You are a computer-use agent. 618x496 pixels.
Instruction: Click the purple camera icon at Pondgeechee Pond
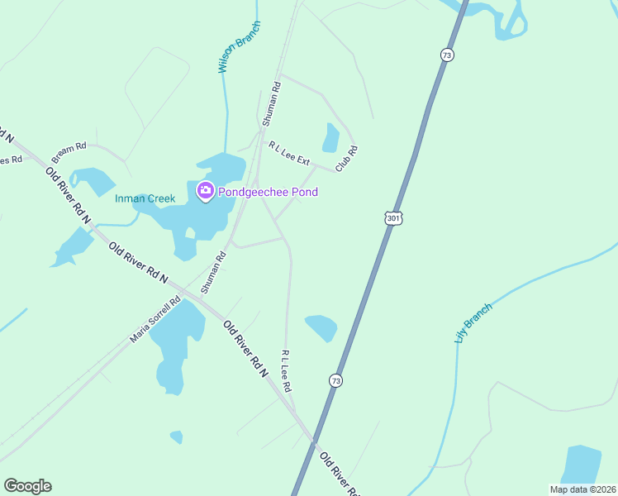pyautogui.click(x=205, y=192)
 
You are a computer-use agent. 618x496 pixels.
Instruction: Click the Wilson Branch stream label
pyautogui.click(x=239, y=46)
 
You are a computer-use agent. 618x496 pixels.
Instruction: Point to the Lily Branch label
pyautogui.click(x=473, y=323)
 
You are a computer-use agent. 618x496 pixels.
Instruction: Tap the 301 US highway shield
pyautogui.click(x=392, y=217)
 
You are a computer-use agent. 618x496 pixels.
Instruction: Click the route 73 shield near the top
pyautogui.click(x=446, y=55)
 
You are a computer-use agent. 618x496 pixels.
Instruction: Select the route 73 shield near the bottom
pyautogui.click(x=335, y=380)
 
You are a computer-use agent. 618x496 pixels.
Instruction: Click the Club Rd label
pyautogui.click(x=346, y=159)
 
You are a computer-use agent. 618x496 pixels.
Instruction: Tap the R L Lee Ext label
pyautogui.click(x=288, y=153)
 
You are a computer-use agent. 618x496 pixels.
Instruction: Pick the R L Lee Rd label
pyautogui.click(x=286, y=370)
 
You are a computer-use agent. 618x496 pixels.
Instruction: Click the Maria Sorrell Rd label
pyautogui.click(x=154, y=321)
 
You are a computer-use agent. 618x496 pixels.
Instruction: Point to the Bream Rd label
pyautogui.click(x=69, y=153)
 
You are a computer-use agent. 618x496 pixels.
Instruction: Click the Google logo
pyautogui.click(x=27, y=486)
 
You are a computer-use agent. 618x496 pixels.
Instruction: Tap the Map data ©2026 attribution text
pyautogui.click(x=582, y=489)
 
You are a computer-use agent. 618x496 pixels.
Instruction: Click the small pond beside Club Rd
pyautogui.click(x=330, y=139)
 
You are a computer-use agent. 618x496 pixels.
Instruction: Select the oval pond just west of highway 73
pyautogui.click(x=321, y=327)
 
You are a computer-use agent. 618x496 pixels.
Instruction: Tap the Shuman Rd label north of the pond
pyautogui.click(x=272, y=103)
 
